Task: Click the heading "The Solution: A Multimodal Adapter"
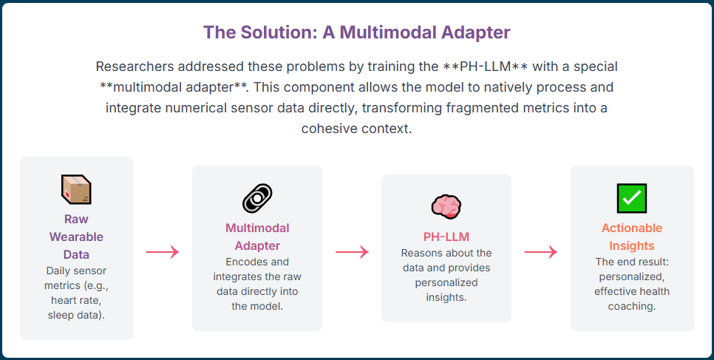356,33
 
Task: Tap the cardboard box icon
76,189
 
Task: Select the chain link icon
257,198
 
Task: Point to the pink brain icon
446,206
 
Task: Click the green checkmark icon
632,198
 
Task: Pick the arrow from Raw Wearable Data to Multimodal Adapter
163,252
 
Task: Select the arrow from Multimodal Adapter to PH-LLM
352,252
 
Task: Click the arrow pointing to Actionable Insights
541,252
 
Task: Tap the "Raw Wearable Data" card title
76,237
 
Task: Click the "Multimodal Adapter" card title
257,237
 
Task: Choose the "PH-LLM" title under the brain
446,237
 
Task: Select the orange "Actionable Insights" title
632,237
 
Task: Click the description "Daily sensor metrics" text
76,278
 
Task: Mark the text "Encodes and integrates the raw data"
257,276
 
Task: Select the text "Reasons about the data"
446,260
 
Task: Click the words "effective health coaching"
632,299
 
